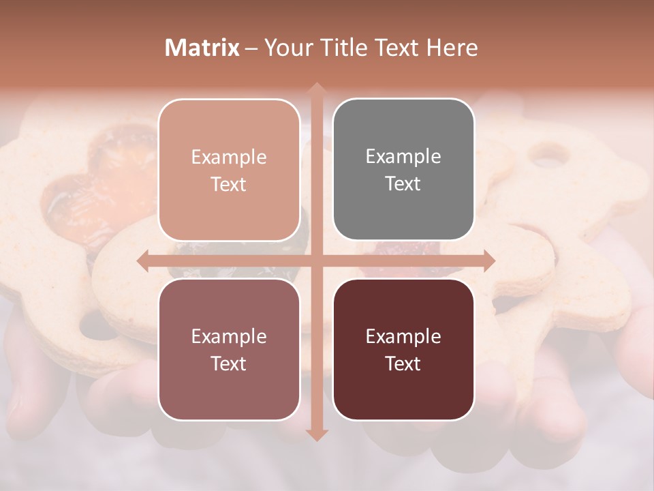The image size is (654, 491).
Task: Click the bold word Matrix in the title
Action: point(202,48)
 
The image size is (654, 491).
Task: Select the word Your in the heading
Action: point(287,48)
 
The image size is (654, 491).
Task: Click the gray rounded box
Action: point(403,170)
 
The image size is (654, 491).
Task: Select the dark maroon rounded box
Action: point(403,350)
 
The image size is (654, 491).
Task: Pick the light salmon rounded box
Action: point(229,170)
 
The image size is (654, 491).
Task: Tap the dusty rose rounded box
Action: point(229,350)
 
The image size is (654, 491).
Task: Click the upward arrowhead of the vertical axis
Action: point(315,89)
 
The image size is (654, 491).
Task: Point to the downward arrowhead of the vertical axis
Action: point(315,434)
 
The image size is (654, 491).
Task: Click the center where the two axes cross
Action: point(315,261)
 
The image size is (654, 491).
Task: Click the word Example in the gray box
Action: point(403,157)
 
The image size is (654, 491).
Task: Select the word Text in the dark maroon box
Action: point(403,364)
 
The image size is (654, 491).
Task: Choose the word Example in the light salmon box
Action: point(229,158)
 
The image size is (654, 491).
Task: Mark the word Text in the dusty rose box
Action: point(229,364)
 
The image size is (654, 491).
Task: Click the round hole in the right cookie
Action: point(550,155)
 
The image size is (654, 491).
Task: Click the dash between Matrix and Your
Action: point(251,48)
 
